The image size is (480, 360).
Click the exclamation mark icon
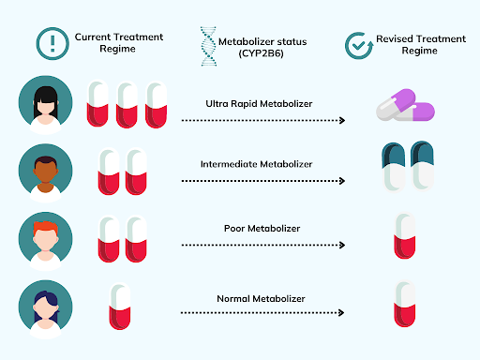click(x=52, y=41)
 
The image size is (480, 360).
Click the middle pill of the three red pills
click(x=127, y=104)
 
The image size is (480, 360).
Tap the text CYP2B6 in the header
click(x=255, y=52)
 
